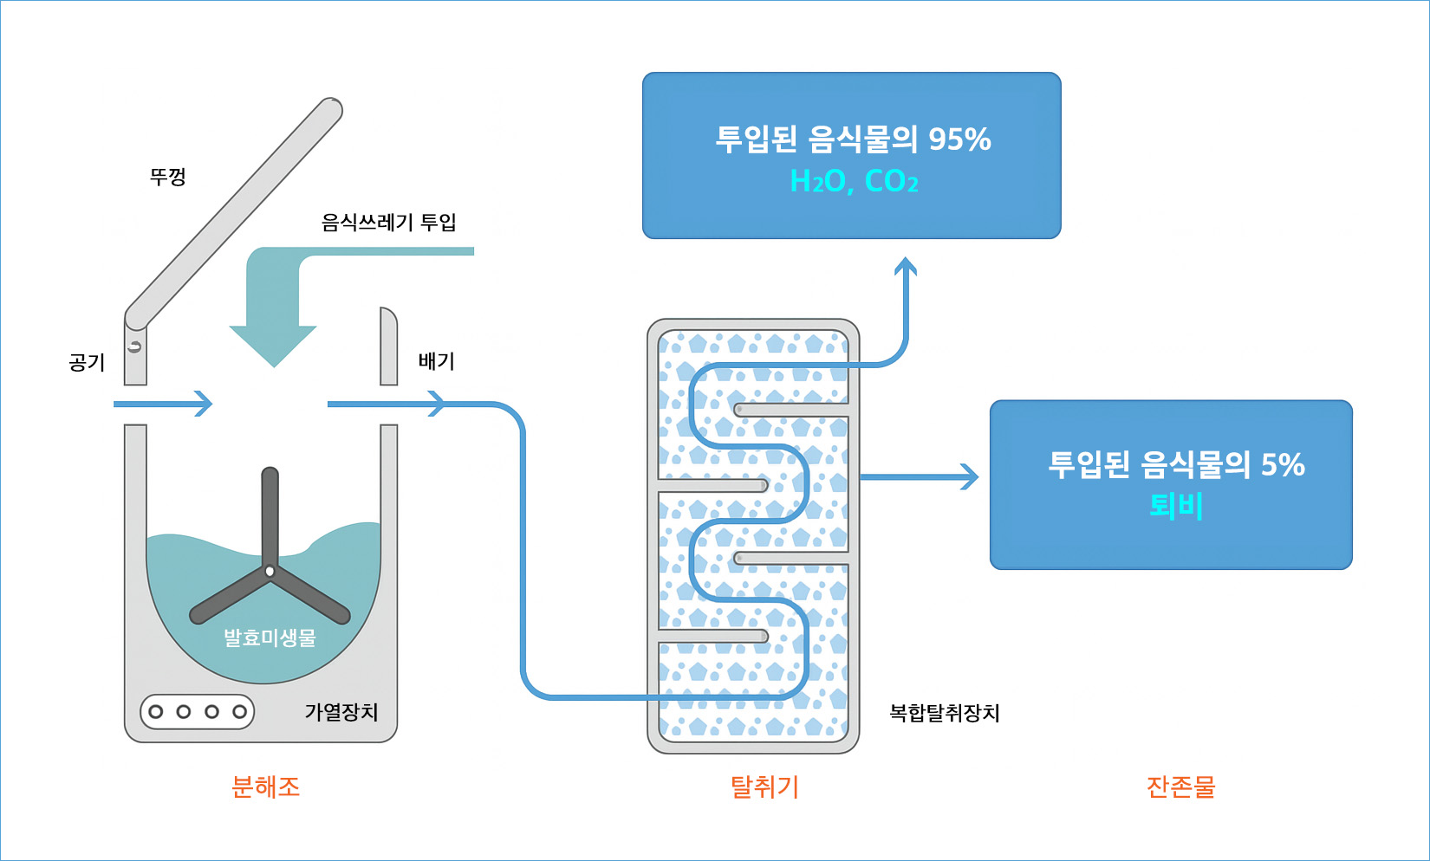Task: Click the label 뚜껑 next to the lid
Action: (168, 177)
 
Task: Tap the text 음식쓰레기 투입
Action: (388, 223)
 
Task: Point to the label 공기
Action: (88, 362)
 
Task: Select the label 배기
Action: (436, 360)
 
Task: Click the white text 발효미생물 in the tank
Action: (270, 638)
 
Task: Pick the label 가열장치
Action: (341, 712)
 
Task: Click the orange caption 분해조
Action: (266, 787)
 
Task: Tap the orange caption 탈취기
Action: (764, 787)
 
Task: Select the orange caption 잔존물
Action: (1180, 787)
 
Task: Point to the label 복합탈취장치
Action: (945, 713)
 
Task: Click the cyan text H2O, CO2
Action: (854, 181)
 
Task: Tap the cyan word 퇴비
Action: (1176, 505)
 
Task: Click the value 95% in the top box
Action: (959, 139)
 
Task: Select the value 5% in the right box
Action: (1282, 464)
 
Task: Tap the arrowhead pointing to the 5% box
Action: (971, 476)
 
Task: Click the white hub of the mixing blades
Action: (270, 571)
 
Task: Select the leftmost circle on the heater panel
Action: (156, 712)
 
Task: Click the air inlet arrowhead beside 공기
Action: (205, 404)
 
